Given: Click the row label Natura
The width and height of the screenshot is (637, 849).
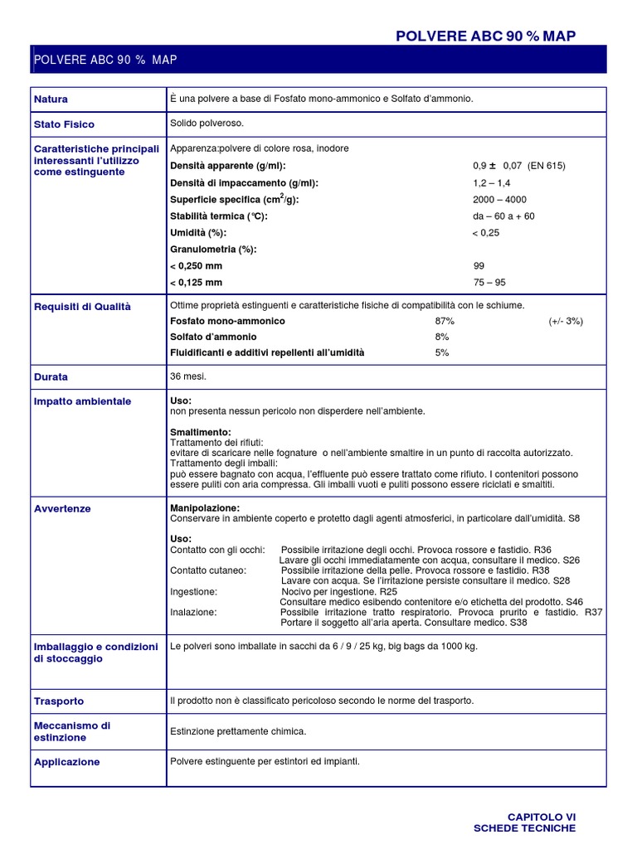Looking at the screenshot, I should coord(51,99).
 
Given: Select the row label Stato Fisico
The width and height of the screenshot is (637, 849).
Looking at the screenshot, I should coord(64,124).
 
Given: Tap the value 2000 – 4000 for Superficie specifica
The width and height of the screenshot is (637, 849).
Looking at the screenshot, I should coord(499,200).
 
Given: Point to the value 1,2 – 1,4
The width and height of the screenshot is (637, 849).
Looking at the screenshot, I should coord(492,182).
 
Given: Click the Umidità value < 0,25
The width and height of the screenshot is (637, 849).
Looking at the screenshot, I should coord(486,233).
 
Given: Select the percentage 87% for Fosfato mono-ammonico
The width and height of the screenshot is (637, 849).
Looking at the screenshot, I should coord(445,321).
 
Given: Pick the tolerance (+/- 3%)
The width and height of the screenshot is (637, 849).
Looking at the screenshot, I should coord(565,321).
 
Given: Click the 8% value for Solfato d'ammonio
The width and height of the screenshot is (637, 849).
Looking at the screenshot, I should coord(442,337).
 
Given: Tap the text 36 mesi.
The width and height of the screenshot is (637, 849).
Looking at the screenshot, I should coord(188,376).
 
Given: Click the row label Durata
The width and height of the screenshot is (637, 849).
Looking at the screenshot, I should coord(51,376).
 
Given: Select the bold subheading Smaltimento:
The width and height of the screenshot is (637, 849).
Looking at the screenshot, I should coord(201,432).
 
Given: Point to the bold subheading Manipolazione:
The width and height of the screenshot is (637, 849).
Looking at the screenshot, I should coord(205,507).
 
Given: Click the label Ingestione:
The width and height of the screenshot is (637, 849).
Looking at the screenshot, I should coord(193,592).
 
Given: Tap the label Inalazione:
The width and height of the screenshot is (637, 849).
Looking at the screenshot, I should coord(193,612).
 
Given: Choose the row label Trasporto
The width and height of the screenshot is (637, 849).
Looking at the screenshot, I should coord(59,701).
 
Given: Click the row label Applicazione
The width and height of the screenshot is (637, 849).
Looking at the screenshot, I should coord(66,762).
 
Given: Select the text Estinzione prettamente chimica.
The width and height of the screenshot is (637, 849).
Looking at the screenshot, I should coord(238,731).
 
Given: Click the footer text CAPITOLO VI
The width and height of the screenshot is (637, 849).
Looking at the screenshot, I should coord(541,817).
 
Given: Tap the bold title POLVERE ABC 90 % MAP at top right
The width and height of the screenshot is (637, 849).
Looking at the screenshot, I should coord(485,36).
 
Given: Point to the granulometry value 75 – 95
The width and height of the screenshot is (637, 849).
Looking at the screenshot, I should coord(489,282).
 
